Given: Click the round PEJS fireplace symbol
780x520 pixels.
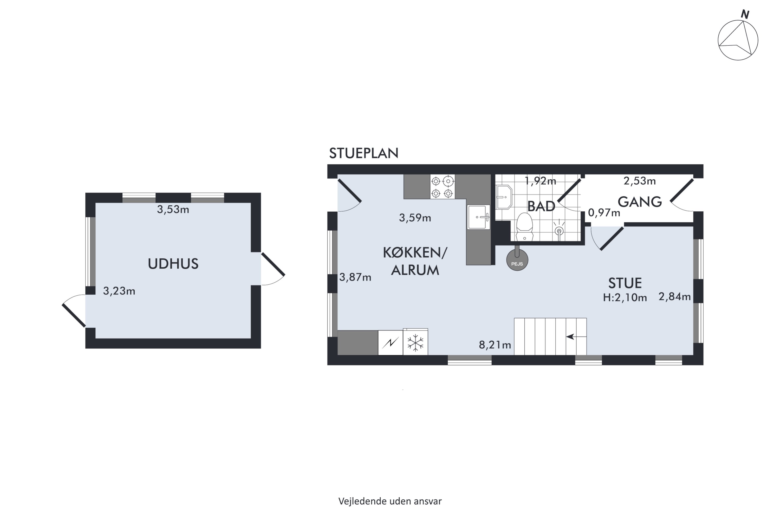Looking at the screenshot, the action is click(517, 260).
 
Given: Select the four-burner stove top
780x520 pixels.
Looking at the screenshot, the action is click(443, 187).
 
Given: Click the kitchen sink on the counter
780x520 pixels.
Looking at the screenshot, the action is click(479, 217).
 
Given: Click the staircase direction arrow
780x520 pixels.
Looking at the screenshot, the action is click(576, 337).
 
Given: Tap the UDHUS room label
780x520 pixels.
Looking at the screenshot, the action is click(173, 264).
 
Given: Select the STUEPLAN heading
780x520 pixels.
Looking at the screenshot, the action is click(363, 153).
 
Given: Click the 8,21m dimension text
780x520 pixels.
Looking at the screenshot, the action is click(495, 345).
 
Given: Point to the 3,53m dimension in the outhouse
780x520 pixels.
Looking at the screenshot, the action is click(173, 210).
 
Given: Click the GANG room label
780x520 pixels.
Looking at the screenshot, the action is click(640, 202).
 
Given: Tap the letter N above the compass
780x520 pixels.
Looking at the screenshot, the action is click(745, 15).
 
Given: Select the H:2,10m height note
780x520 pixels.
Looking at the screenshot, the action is click(625, 297).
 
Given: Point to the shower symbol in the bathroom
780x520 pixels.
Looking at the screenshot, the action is click(559, 229).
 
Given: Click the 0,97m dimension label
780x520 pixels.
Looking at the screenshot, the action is click(604, 213).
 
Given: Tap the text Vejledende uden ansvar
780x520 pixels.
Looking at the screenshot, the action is click(390, 501).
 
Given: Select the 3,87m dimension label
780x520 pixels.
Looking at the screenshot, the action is click(355, 277).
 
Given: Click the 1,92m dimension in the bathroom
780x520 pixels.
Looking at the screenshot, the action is click(540, 181).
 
